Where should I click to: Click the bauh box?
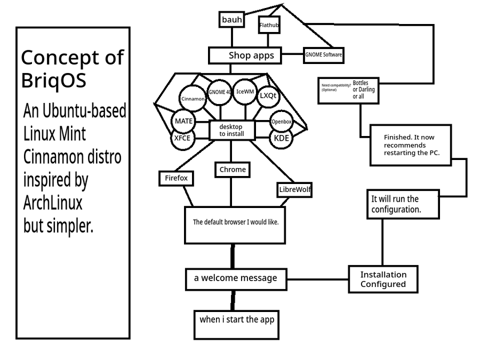(x=232, y=20)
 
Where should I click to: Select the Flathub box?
(x=269, y=25)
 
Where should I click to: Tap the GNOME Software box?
(x=324, y=54)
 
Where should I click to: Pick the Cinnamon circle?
(x=193, y=99)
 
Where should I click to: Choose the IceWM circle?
(x=245, y=91)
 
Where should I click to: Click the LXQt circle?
(x=268, y=96)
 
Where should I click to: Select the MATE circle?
(x=183, y=121)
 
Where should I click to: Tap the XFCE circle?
(x=182, y=138)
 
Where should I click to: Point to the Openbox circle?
(x=281, y=122)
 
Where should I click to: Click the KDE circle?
(x=281, y=138)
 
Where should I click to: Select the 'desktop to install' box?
(x=231, y=130)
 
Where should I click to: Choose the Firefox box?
(x=176, y=178)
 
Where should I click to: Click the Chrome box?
(x=233, y=170)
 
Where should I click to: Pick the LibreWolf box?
(x=295, y=189)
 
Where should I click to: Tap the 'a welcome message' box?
(x=235, y=278)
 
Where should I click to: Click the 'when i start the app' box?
(x=236, y=319)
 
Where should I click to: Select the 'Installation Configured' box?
(x=383, y=279)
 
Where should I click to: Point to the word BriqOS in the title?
(x=54, y=81)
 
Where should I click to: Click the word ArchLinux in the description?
(x=53, y=203)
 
